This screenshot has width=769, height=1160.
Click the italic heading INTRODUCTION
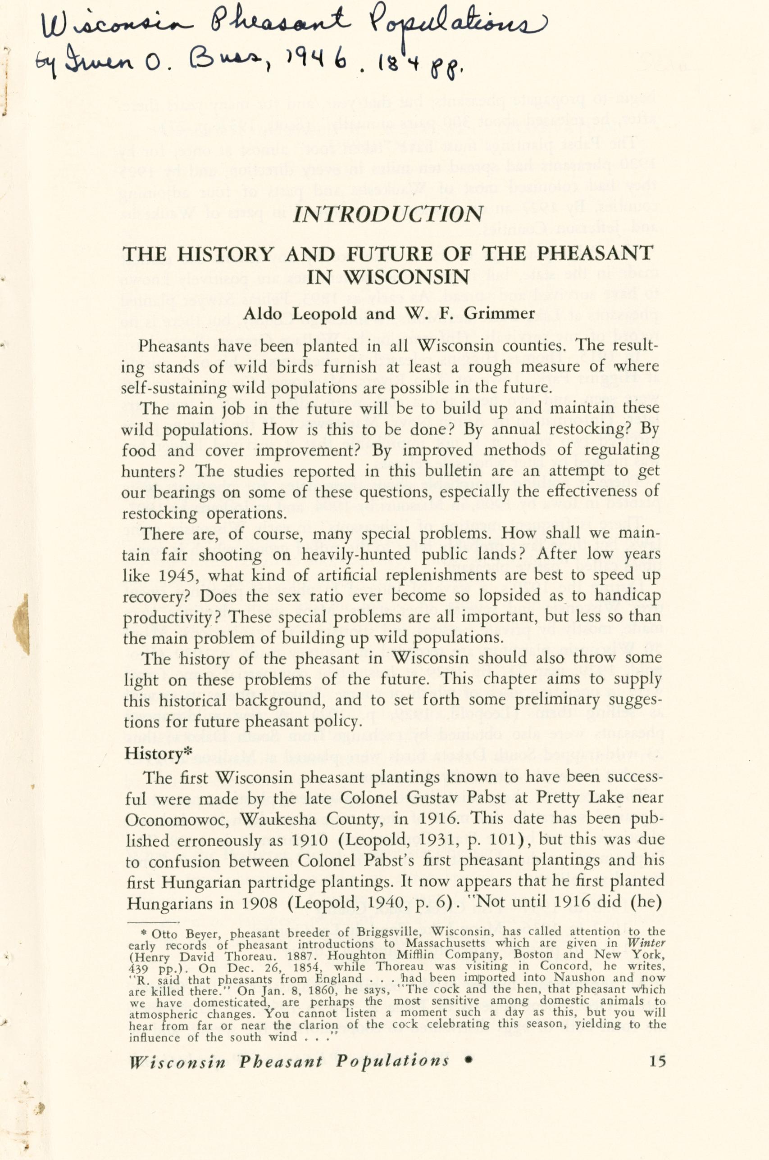pyautogui.click(x=388, y=214)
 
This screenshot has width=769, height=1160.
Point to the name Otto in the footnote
pyautogui.click(x=164, y=934)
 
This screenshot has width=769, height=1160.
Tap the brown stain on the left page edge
pyautogui.click(x=21, y=618)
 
